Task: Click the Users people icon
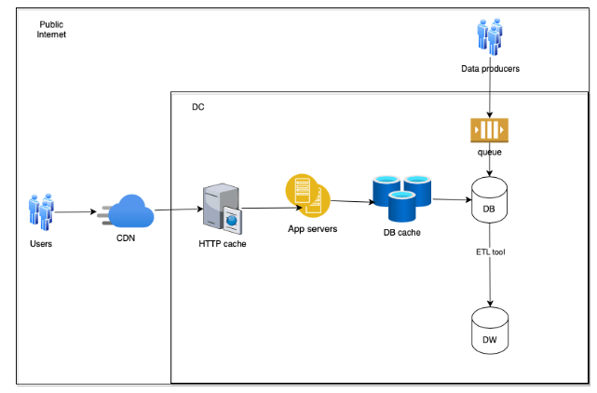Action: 41,211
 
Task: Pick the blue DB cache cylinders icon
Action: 401,196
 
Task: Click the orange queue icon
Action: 490,129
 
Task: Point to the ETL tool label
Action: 490,251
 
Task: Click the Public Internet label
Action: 52,29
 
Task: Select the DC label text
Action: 197,107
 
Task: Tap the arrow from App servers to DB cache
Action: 350,199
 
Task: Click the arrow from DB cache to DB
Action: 451,199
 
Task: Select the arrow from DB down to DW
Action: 490,279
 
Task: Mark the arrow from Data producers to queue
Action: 490,95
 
